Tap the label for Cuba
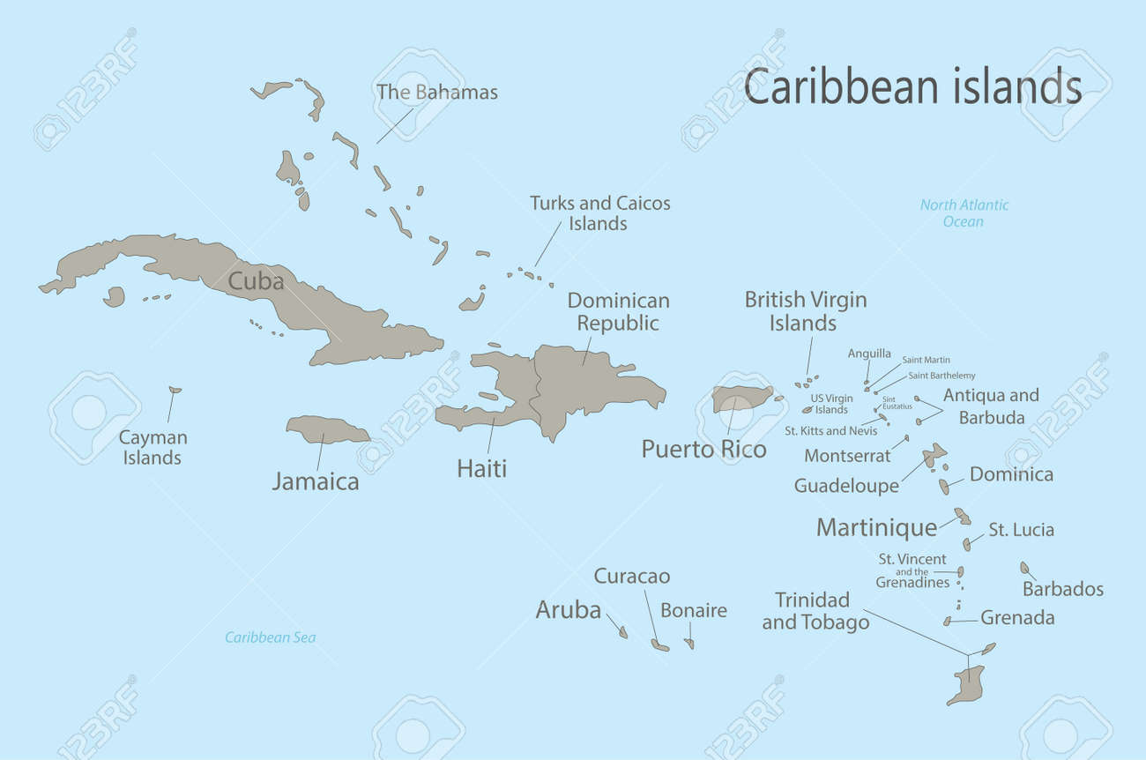tap(256, 281)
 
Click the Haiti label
tap(481, 468)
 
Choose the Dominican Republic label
tap(618, 311)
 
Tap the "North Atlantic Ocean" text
tap(964, 212)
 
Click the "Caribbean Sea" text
tap(270, 637)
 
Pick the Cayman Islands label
tap(153, 447)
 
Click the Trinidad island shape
tap(969, 683)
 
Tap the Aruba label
tap(569, 609)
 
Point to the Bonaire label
tap(694, 610)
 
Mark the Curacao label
tap(631, 577)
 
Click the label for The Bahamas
tap(437, 92)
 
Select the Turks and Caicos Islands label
tap(599, 212)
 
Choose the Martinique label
tap(876, 527)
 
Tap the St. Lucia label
tap(1021, 530)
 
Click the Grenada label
tap(1017, 618)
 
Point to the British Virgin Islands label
tap(805, 311)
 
